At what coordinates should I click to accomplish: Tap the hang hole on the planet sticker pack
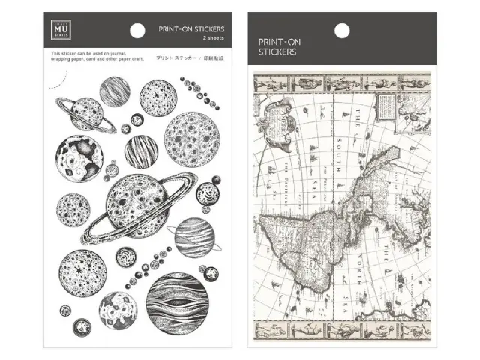coord(138,30)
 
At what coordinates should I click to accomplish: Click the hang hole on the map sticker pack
coord(341,30)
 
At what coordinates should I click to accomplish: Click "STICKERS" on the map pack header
coord(278,52)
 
